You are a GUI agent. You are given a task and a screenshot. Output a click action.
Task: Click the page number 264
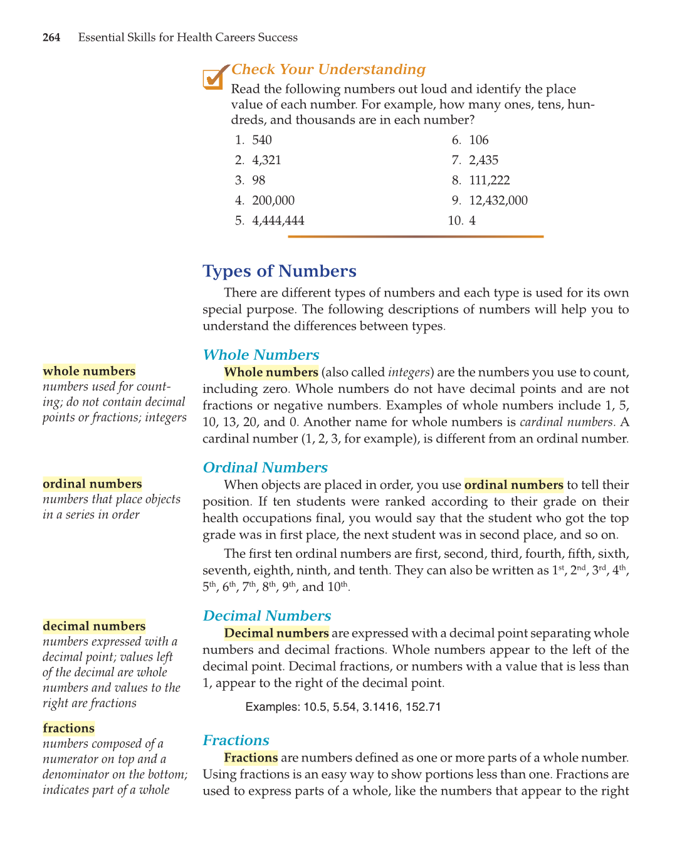click(x=51, y=38)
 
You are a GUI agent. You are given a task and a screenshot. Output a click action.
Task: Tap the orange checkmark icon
click(x=214, y=78)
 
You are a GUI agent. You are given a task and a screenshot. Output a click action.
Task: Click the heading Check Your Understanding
click(x=328, y=70)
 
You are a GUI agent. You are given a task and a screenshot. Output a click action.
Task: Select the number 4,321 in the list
click(x=266, y=160)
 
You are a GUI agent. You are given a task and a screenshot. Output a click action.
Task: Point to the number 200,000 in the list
click(x=273, y=201)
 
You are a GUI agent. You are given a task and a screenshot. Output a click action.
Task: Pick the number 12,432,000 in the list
click(x=498, y=201)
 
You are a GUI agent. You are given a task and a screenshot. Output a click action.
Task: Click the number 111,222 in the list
click(x=490, y=181)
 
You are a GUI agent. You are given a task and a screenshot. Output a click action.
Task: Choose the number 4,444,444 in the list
click(x=278, y=221)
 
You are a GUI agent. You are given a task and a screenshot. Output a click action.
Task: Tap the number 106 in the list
click(x=479, y=140)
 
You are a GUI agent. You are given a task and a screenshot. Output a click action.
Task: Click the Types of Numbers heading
click(x=280, y=271)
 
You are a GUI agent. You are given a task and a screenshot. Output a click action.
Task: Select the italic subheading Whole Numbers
click(x=261, y=355)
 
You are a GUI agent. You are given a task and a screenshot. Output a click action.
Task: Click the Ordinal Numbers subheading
click(x=265, y=468)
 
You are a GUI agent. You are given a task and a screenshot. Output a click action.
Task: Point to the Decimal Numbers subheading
click(x=267, y=616)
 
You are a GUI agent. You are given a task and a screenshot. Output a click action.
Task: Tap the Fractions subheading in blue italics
click(x=236, y=740)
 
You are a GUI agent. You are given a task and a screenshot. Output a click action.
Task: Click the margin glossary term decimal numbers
click(x=94, y=626)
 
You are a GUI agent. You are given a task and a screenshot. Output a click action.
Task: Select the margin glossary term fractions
click(x=69, y=728)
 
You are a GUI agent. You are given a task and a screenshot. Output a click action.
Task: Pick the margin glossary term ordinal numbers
click(x=92, y=484)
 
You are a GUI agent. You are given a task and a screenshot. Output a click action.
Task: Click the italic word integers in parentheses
click(x=409, y=372)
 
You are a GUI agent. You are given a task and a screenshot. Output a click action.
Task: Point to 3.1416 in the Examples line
click(x=381, y=707)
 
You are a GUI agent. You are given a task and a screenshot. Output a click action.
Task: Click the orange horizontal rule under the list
click(x=416, y=236)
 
